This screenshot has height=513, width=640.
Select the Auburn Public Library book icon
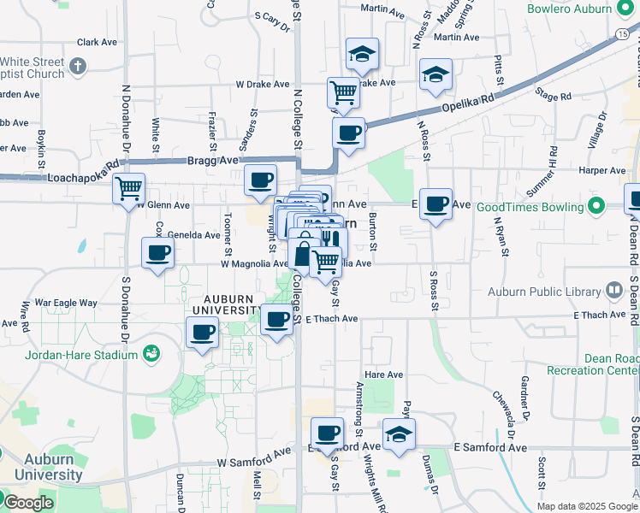pyautogui.click(x=613, y=291)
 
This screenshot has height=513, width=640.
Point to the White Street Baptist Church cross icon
pyautogui.click(x=78, y=66)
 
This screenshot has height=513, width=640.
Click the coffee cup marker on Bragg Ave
pyautogui.click(x=260, y=180)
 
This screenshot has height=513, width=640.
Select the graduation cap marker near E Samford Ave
pyautogui.click(x=398, y=433)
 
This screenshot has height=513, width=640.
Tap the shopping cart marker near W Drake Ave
pyautogui.click(x=343, y=91)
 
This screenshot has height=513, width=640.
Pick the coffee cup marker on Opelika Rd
pyautogui.click(x=348, y=133)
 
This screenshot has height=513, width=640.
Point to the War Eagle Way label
pyautogui.click(x=64, y=303)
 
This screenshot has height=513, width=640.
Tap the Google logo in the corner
pyautogui.click(x=28, y=503)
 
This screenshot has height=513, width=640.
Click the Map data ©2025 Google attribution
pyautogui.click(x=586, y=506)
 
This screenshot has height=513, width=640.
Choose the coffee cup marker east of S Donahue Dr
pyautogui.click(x=157, y=253)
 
